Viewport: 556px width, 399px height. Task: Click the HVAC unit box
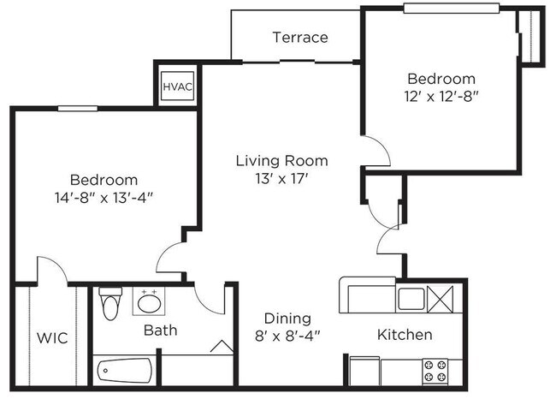[177, 86]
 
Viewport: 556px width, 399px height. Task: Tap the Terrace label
[300, 38]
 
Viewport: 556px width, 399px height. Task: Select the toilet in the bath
[110, 303]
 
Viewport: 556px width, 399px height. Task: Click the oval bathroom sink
[150, 304]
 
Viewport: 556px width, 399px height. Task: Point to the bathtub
[125, 370]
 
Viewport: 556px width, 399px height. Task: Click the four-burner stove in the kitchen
[435, 372]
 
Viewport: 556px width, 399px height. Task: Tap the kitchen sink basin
[411, 299]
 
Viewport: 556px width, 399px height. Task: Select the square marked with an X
[441, 300]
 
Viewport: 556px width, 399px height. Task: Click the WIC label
[52, 338]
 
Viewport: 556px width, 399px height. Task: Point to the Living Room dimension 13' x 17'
[281, 179]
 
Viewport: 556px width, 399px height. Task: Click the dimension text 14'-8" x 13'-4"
[104, 198]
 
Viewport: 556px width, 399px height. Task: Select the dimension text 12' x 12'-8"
[441, 97]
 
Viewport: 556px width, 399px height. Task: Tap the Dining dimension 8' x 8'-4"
[287, 336]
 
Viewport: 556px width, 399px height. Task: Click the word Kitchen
[405, 335]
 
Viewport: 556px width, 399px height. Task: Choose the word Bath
[160, 331]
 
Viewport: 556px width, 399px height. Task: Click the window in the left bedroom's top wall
[78, 108]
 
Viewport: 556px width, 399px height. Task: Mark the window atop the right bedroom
[452, 9]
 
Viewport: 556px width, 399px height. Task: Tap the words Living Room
[282, 161]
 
